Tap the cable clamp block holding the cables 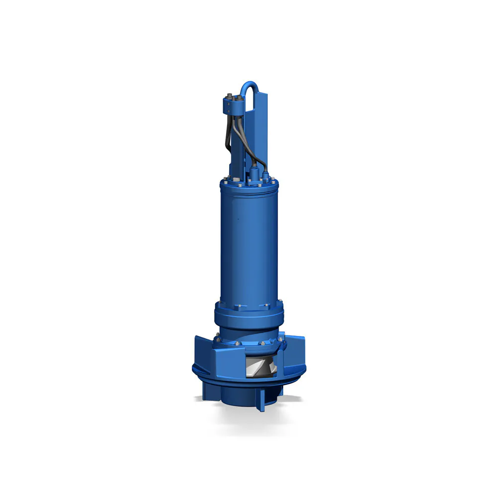pos(233,105)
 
